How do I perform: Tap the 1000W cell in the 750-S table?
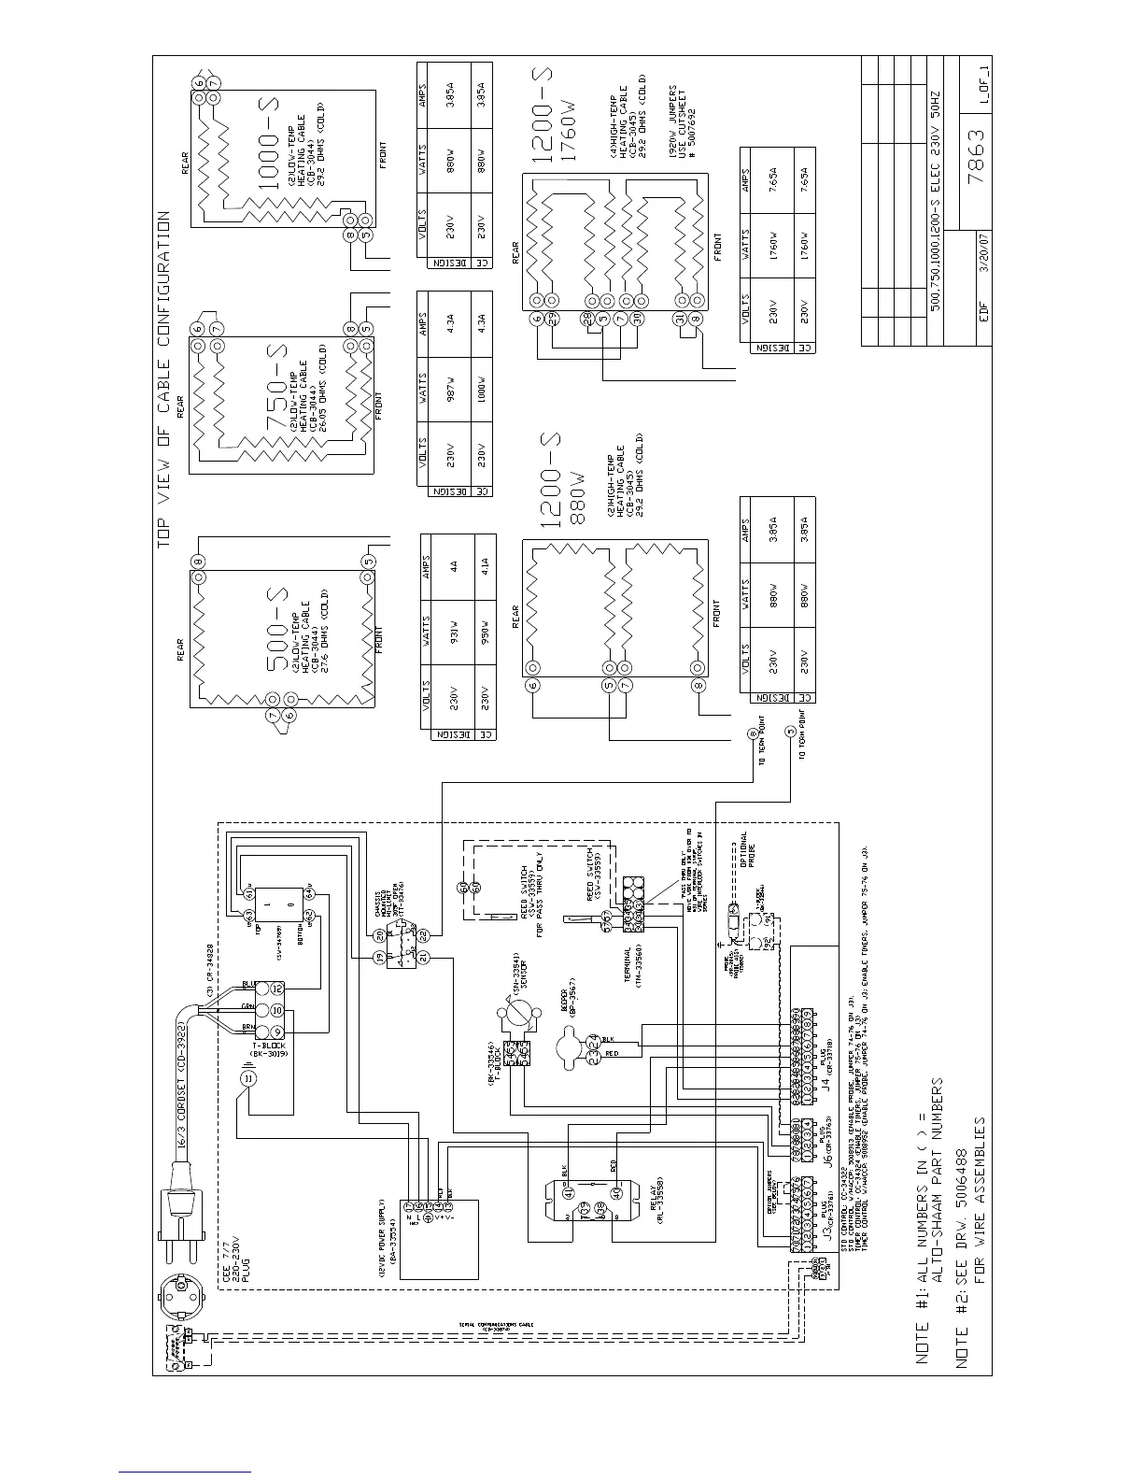coord(482,385)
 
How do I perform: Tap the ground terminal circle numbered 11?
coord(248,1077)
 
